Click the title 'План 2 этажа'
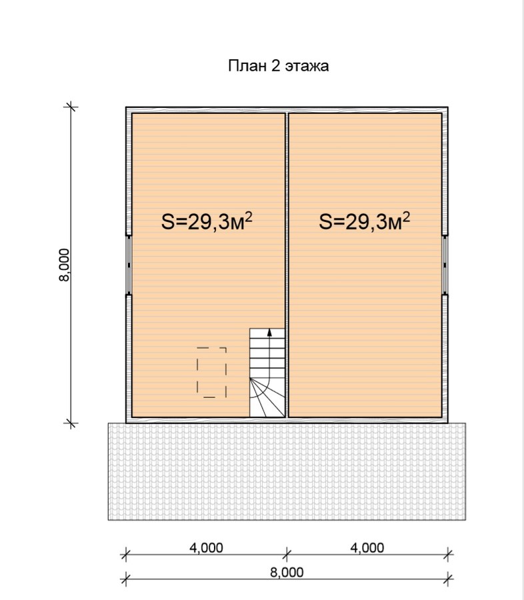(278, 66)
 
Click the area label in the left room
(207, 221)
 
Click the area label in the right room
(365, 221)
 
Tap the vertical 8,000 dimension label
(64, 265)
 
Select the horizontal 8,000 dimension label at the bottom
(287, 573)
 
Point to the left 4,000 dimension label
(206, 548)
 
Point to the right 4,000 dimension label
(367, 548)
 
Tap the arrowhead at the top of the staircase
(269, 332)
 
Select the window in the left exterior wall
(129, 265)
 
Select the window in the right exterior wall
(445, 265)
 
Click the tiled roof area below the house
(287, 471)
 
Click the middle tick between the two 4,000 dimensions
(287, 554)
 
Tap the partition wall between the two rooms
(287, 265)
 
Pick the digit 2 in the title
(275, 65)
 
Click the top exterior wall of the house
(287, 110)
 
